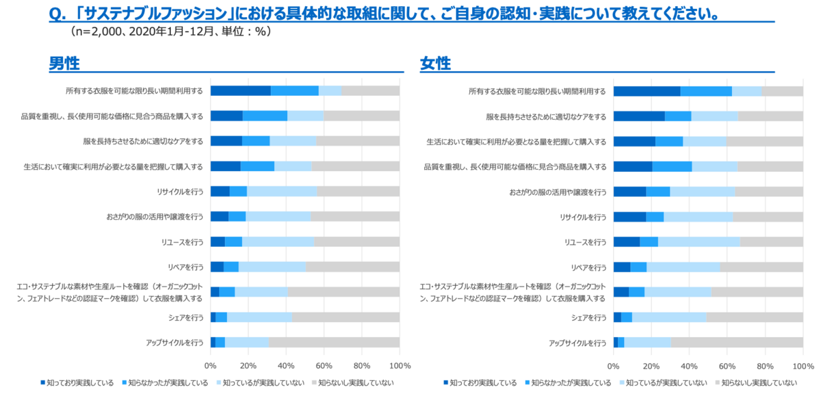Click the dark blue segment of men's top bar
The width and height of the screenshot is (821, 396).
click(x=240, y=91)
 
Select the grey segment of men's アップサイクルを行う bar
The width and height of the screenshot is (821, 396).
click(x=334, y=342)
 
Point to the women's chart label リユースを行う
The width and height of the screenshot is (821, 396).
click(x=585, y=241)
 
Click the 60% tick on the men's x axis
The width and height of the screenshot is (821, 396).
click(x=324, y=365)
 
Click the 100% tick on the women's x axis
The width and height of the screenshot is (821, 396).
click(x=803, y=365)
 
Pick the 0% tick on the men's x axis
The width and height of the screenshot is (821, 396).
click(x=211, y=365)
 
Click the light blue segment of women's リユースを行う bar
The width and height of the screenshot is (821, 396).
click(x=699, y=241)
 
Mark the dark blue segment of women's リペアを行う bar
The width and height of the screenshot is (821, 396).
click(x=622, y=267)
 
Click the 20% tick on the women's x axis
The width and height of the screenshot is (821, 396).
click(x=651, y=365)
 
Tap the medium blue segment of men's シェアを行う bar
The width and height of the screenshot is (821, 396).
click(x=221, y=317)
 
